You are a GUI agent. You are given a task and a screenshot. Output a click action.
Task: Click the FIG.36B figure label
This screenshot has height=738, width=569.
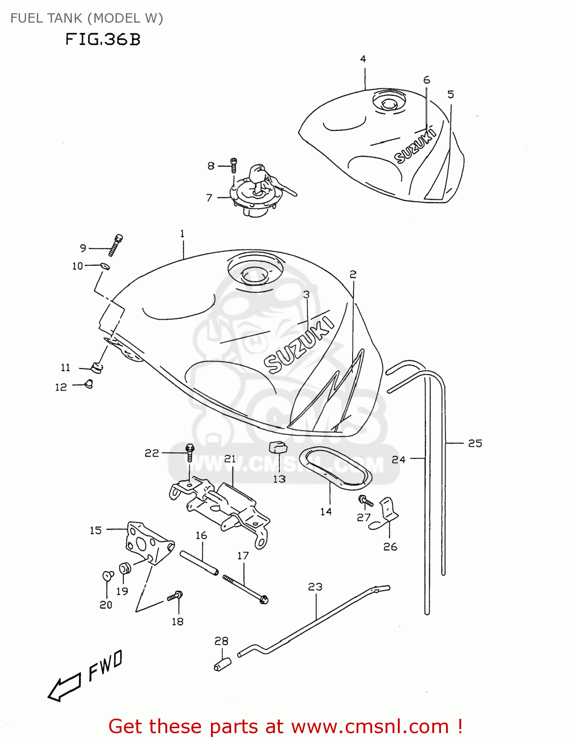[x=103, y=39]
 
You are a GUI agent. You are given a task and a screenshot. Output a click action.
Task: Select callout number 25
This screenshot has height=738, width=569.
[x=475, y=443]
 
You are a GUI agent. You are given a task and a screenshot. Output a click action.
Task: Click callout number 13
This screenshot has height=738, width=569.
[x=279, y=479]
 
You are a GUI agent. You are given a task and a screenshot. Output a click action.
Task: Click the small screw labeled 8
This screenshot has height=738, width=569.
[x=234, y=166]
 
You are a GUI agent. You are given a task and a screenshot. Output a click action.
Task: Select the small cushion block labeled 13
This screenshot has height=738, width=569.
[x=277, y=447]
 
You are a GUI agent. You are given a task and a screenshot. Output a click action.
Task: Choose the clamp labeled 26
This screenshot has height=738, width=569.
[x=388, y=512]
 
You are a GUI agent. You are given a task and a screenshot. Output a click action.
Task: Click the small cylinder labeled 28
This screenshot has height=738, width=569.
[x=222, y=664]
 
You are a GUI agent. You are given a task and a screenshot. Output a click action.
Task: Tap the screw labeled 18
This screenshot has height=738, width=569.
[x=175, y=596]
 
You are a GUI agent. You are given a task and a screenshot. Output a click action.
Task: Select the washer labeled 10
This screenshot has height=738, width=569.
[x=105, y=266]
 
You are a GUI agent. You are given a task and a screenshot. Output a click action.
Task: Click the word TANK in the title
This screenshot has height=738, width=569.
[x=65, y=18]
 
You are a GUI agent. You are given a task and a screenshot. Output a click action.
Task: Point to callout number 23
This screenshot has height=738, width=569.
[x=315, y=586]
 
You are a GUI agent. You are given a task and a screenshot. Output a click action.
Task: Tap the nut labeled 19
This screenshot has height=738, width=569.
[x=125, y=568]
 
